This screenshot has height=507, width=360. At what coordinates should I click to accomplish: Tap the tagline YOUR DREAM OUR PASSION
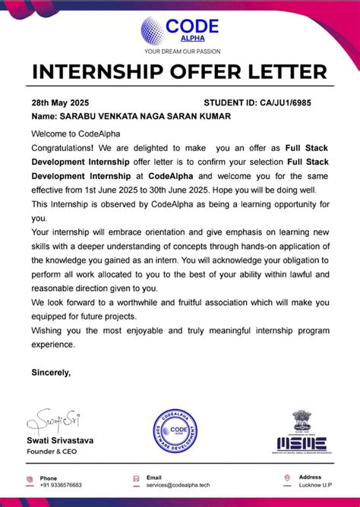click(180, 53)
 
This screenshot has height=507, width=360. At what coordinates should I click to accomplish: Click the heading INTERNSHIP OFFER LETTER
click(180, 74)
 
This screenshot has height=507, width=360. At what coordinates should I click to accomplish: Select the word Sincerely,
click(51, 373)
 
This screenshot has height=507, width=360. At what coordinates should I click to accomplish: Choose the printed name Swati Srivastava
click(65, 441)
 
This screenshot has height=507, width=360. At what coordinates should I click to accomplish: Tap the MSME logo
click(309, 433)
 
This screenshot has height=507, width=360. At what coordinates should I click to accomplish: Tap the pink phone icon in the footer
click(30, 479)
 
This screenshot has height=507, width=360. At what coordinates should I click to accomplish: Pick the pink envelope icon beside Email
click(137, 479)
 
